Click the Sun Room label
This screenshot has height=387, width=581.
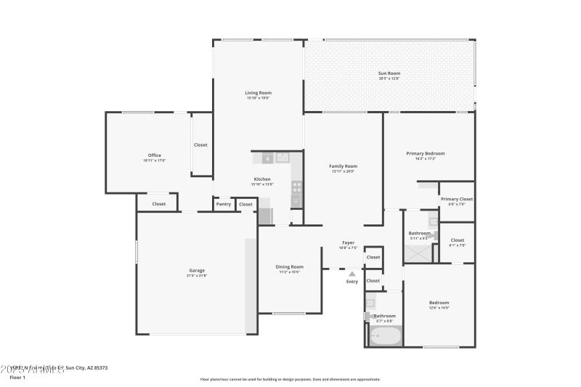389,73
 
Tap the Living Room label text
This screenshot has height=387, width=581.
258,93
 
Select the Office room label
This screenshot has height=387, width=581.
155,155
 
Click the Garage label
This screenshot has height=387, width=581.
197,271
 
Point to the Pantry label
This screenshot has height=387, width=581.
224,204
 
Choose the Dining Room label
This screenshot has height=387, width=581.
289,267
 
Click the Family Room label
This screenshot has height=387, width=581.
344,166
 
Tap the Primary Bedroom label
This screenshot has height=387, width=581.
426,153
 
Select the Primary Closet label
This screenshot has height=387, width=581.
457,199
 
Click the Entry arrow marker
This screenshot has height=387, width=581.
352,274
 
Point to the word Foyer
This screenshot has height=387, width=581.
349,243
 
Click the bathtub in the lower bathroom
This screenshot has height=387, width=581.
385,336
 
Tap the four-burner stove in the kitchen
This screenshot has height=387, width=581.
296,191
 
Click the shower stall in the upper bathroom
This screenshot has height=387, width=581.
417,253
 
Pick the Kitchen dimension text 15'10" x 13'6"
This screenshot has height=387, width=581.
261,184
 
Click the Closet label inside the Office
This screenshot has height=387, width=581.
200,144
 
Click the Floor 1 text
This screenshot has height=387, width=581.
17,378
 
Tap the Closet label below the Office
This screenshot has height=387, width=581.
159,204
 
